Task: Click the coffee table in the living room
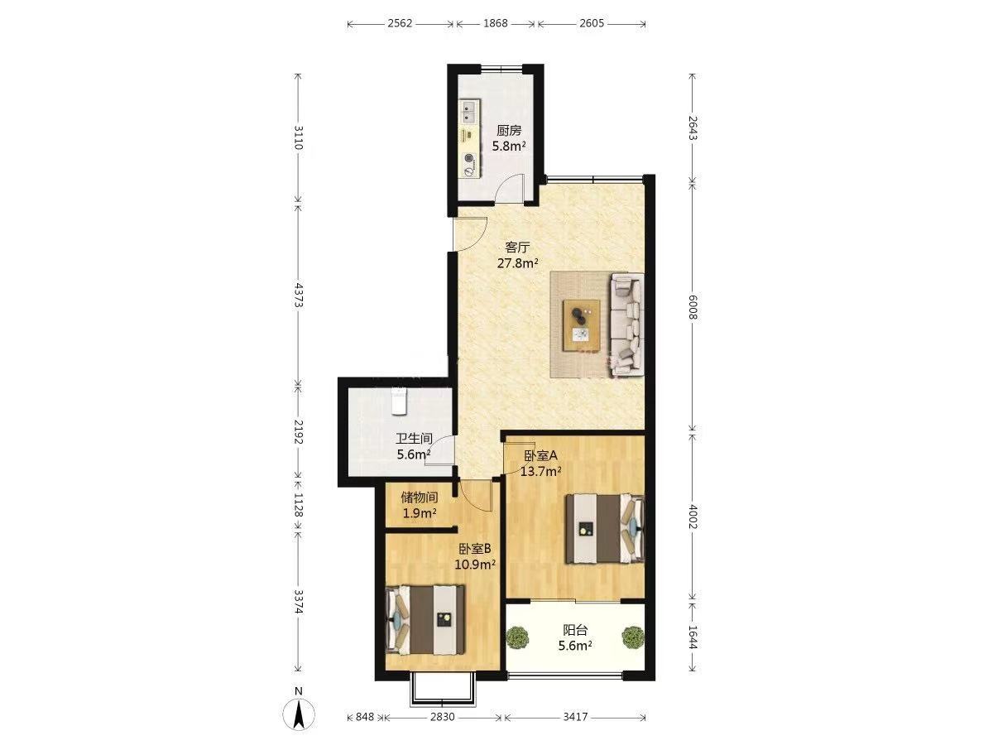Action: [582, 324]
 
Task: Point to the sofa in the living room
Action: [627, 324]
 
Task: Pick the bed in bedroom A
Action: [605, 529]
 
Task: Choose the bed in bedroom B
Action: [425, 620]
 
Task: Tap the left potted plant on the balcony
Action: [517, 637]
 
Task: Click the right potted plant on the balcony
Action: [632, 637]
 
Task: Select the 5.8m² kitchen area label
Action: [509, 147]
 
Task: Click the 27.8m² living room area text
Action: [517, 262]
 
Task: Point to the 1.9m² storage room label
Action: [420, 513]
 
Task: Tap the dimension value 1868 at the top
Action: [496, 23]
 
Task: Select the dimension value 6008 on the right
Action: [693, 307]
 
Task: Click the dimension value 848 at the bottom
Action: [365, 717]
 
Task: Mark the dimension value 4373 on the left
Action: [298, 296]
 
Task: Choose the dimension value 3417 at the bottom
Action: [575, 717]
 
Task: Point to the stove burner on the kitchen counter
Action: [470, 158]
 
